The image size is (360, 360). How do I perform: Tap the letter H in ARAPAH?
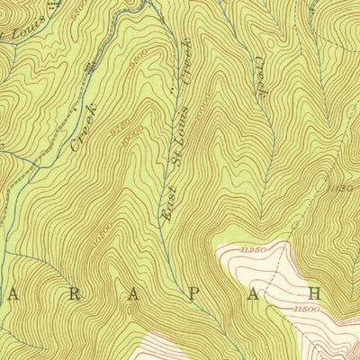pos(315,292)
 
